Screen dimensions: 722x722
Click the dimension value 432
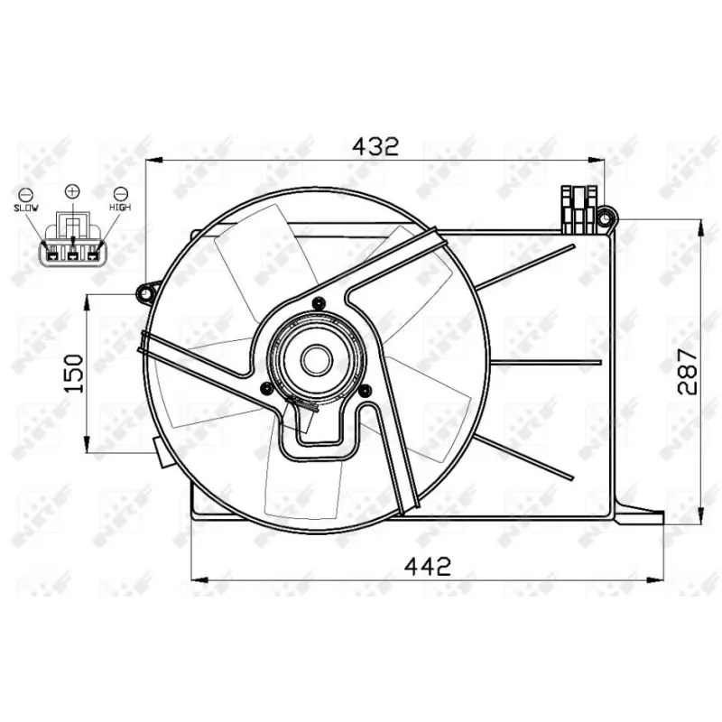(x=375, y=146)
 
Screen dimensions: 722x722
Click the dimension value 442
(x=427, y=567)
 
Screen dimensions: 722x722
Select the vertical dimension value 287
(x=688, y=371)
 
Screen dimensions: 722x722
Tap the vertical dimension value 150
(x=74, y=373)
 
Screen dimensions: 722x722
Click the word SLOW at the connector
(x=26, y=208)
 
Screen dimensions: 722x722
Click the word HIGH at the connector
(x=120, y=208)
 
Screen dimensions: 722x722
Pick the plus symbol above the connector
(x=72, y=190)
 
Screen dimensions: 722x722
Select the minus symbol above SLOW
(x=25, y=194)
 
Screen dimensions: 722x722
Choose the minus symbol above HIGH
(x=121, y=194)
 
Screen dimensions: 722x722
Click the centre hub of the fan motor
(x=317, y=360)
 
